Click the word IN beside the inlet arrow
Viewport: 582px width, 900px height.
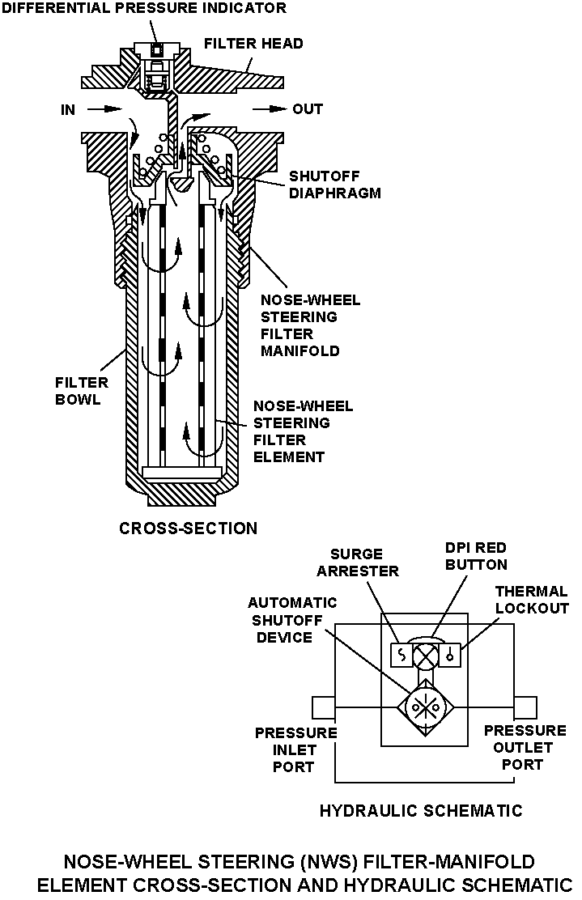69,109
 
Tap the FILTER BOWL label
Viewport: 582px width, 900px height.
78,391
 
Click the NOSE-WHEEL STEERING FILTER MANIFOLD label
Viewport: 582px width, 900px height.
310,325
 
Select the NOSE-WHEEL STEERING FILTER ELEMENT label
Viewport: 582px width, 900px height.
303,431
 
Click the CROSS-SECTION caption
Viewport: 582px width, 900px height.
188,529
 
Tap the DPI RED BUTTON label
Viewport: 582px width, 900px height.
476,557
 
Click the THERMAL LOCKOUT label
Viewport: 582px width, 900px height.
532,601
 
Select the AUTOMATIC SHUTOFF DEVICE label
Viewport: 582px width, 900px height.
280,620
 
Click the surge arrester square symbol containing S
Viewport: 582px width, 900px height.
401,655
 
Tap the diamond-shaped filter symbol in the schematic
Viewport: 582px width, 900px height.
426,707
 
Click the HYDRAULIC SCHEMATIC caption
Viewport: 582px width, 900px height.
421,810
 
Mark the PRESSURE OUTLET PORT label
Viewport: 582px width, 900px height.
520,747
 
